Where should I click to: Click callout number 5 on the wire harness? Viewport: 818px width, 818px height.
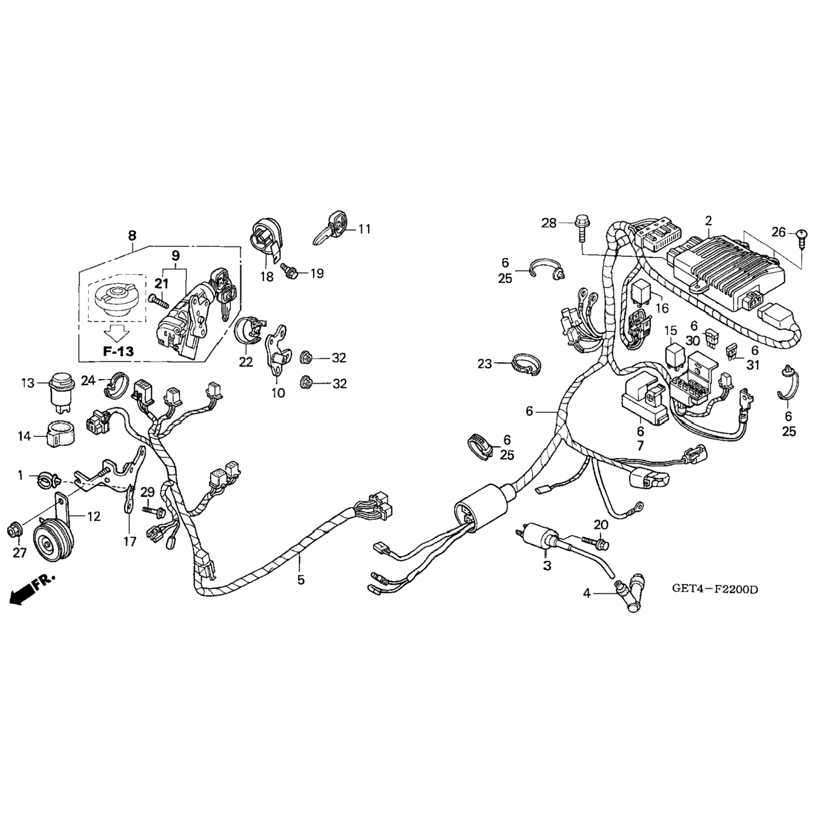point(301,580)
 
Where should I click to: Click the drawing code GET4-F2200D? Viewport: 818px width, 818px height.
point(715,590)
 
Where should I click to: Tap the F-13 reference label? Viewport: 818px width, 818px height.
point(118,351)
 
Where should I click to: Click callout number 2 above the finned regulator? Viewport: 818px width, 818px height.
point(708,221)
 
